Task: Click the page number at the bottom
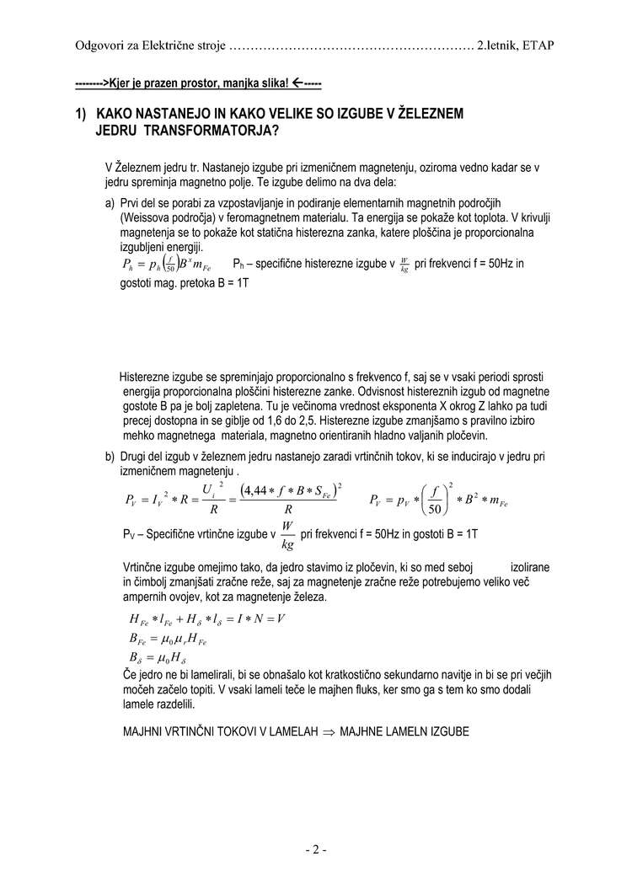(x=315, y=849)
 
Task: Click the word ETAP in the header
(x=538, y=45)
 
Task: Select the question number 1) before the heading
(x=81, y=113)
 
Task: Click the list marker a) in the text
(x=110, y=203)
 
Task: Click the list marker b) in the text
(x=110, y=456)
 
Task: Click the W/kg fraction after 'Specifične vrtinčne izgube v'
(x=287, y=533)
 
